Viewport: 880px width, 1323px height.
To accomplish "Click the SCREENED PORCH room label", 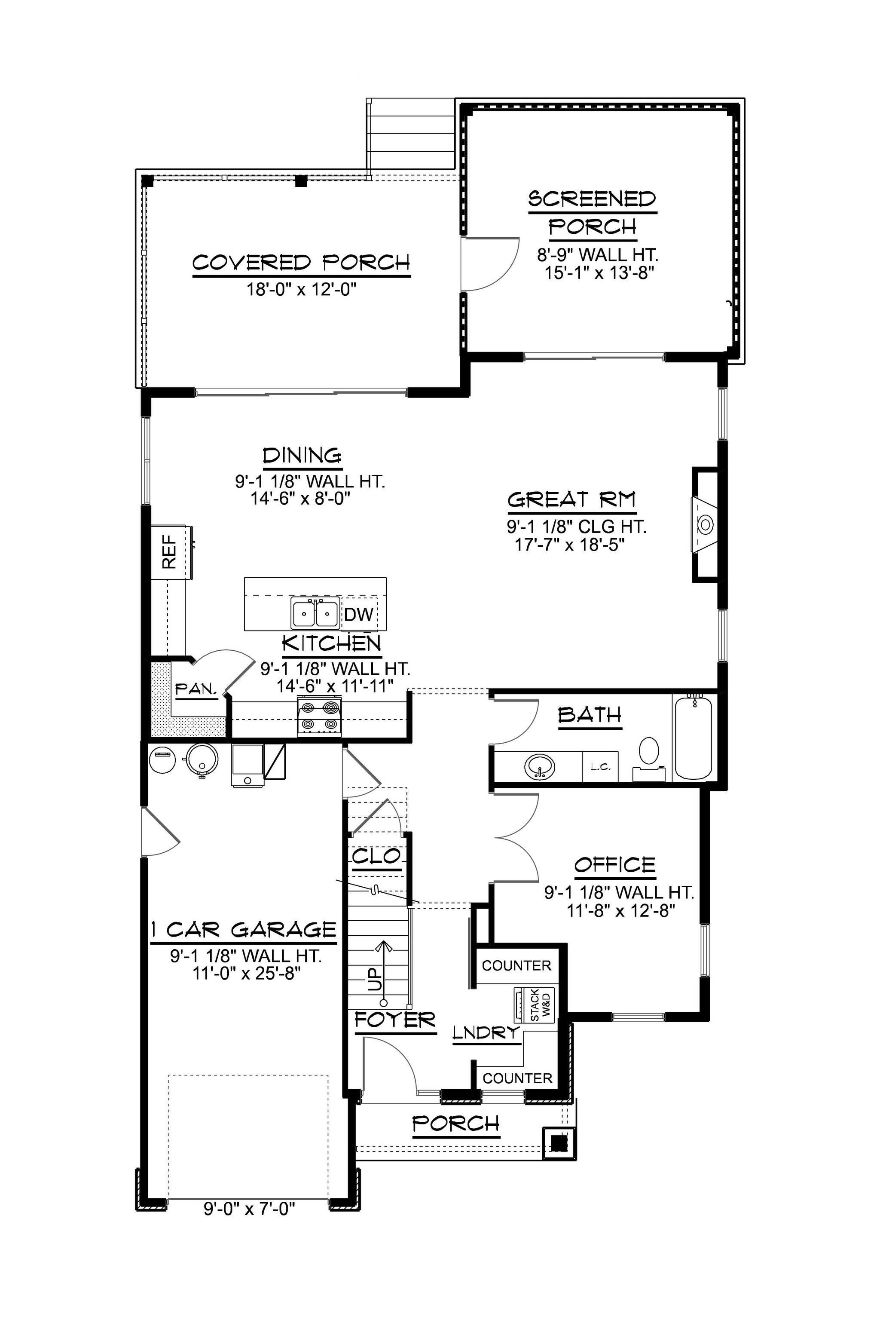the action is point(592,213).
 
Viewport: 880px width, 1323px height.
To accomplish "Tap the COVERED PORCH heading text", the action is point(301,263).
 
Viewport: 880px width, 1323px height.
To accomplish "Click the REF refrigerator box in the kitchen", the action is point(169,552).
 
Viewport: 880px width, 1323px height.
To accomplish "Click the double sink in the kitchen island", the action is point(315,612).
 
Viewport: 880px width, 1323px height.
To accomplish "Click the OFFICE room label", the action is point(614,865).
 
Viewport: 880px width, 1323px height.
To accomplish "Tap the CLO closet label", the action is point(376,857).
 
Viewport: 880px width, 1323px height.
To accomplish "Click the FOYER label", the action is point(395,1018).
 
